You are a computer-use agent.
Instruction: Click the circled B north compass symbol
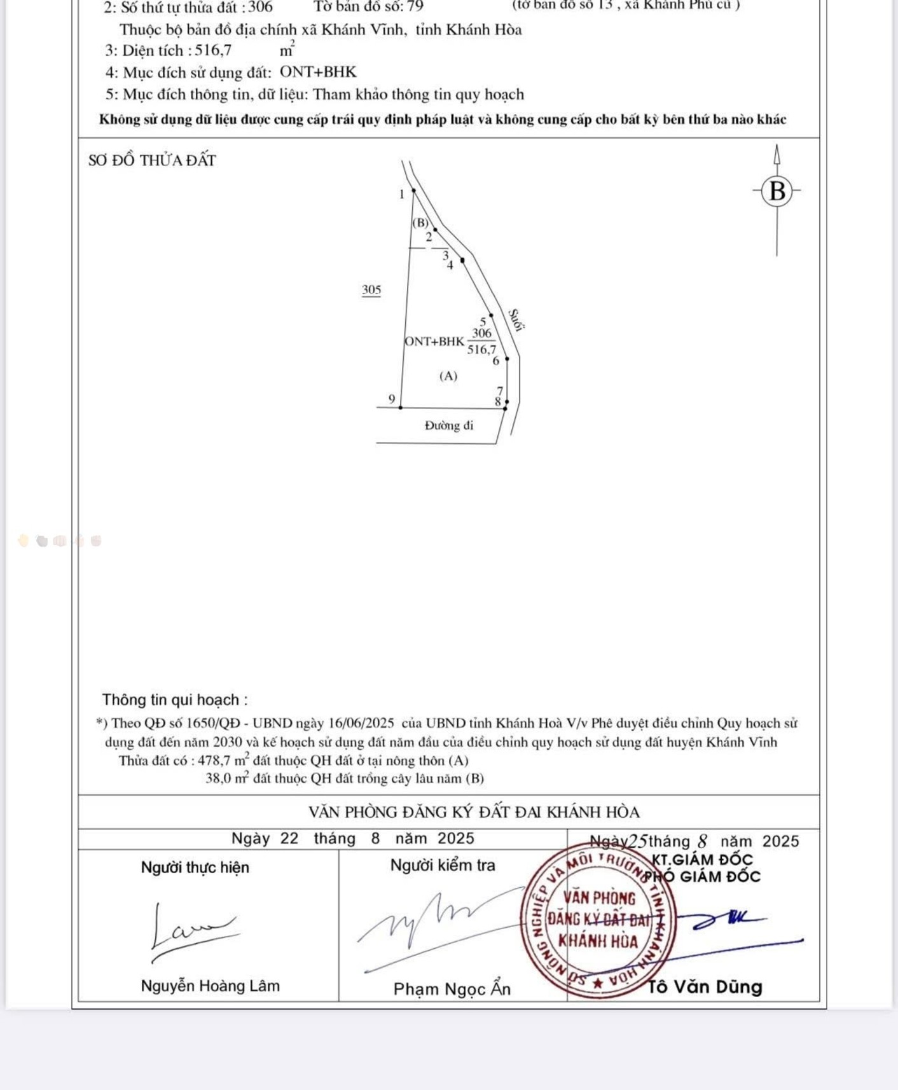click(777, 191)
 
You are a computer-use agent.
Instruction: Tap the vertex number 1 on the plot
click(402, 195)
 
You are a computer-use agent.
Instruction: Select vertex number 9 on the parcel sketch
click(392, 399)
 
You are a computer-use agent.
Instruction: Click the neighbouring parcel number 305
click(371, 290)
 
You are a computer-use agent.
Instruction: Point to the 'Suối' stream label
click(516, 320)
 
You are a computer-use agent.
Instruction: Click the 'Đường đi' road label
click(449, 425)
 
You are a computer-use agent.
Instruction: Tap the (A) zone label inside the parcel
click(448, 376)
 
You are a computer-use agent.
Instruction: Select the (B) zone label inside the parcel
click(420, 223)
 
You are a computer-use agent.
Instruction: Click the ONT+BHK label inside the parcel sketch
click(434, 341)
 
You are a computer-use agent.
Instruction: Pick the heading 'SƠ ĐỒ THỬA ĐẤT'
click(153, 160)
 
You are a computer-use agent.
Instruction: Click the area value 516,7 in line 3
click(213, 51)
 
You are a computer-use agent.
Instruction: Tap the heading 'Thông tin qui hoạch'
click(175, 700)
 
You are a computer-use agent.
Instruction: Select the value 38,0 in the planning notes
click(218, 778)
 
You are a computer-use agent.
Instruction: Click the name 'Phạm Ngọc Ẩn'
click(452, 989)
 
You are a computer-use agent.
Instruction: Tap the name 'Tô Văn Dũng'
click(705, 987)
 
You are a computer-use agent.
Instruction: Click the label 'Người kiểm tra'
click(443, 865)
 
